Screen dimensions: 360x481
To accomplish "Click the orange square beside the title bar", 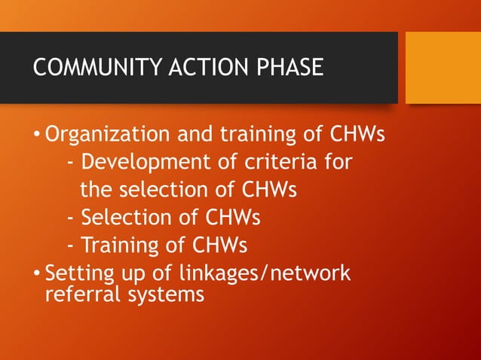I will pyautogui.click(x=443, y=68).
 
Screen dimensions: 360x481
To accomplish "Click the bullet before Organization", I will pyautogui.click(x=38, y=136).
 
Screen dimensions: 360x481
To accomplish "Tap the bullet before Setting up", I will pyautogui.click(x=38, y=273).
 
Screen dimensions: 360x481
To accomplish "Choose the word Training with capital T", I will pyautogui.click(x=118, y=246).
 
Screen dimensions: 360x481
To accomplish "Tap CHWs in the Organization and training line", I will pyautogui.click(x=358, y=136).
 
